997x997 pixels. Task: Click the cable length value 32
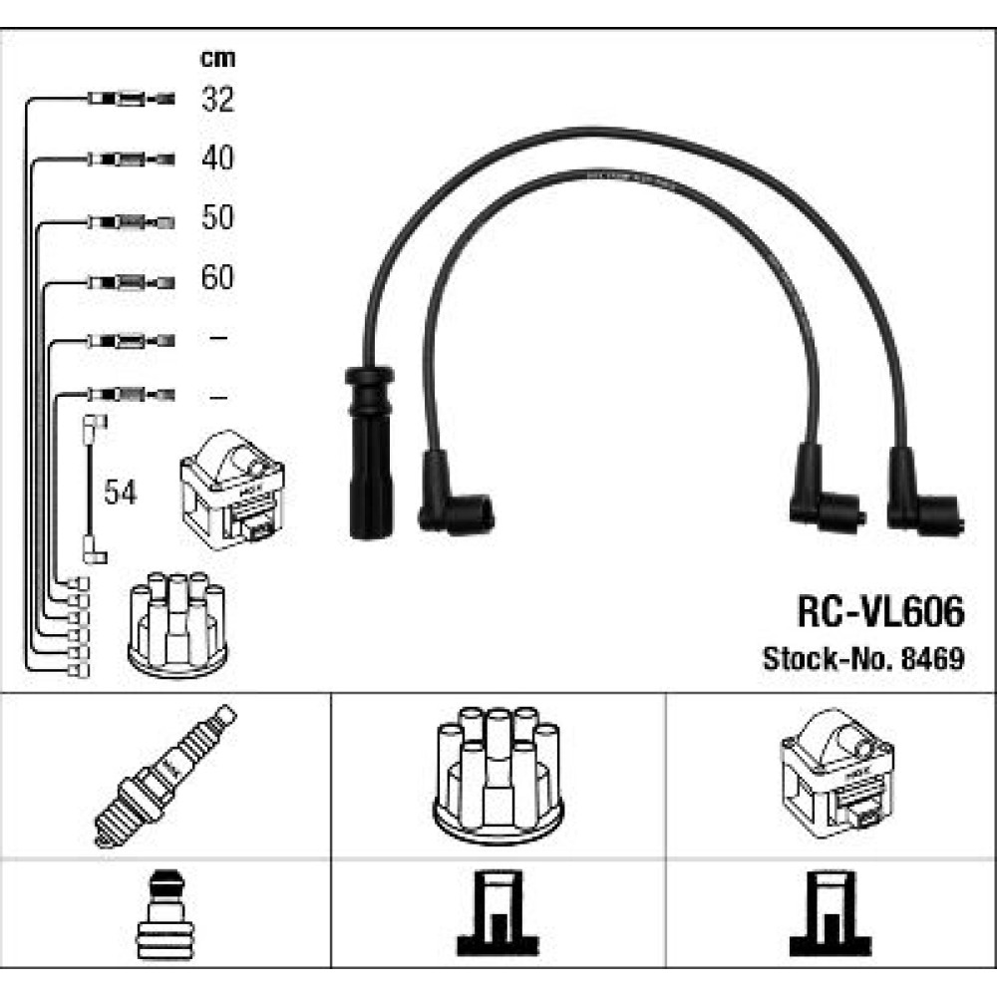(x=217, y=100)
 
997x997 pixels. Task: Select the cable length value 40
(x=217, y=158)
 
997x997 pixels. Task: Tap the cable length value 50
(x=217, y=217)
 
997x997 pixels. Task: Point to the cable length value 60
(x=217, y=277)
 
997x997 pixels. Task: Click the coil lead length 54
(x=122, y=492)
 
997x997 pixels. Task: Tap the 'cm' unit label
(x=216, y=59)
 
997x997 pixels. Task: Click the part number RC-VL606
(x=879, y=611)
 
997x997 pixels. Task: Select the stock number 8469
(x=935, y=658)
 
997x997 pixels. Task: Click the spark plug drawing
(x=166, y=775)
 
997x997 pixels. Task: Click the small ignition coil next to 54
(x=229, y=490)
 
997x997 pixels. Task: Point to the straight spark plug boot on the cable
(x=370, y=453)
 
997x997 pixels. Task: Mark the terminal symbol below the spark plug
(x=165, y=913)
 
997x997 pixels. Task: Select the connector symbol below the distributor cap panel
(x=496, y=913)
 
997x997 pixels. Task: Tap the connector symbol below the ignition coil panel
(x=831, y=913)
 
